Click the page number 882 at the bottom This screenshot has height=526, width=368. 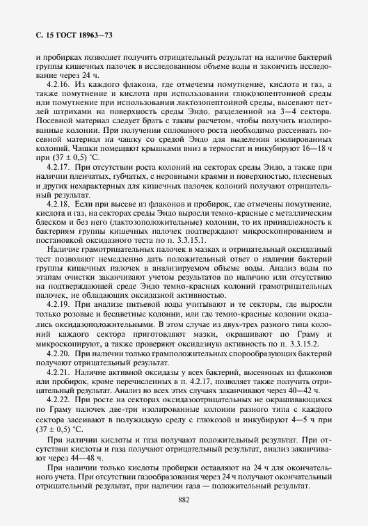[184, 500]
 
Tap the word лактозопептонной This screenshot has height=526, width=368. [184, 103]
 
